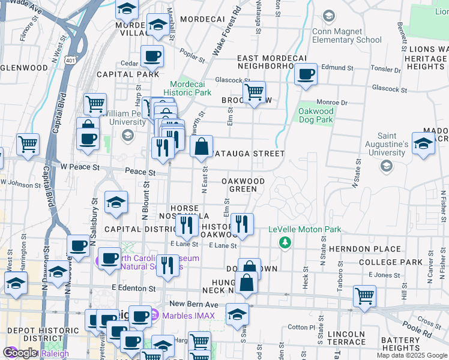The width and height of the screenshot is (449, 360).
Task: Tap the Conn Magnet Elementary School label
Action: (x=346, y=35)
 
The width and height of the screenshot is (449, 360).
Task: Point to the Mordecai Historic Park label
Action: (x=190, y=88)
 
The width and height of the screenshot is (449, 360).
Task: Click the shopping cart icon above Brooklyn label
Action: (x=255, y=92)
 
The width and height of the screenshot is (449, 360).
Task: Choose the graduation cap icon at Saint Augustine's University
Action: (x=423, y=143)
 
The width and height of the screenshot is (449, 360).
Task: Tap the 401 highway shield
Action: (x=71, y=60)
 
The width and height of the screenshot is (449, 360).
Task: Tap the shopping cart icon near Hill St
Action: (x=364, y=296)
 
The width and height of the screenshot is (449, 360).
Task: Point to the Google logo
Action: (x=20, y=353)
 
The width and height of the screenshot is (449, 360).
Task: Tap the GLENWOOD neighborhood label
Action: (x=24, y=68)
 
